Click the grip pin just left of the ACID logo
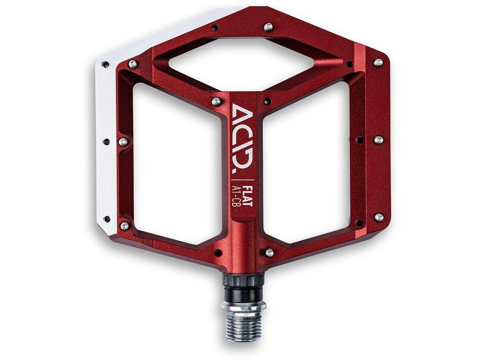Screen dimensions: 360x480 coord(216,102)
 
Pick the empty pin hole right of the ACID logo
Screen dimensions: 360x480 coord(266,101)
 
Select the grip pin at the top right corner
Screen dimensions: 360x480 coord(378,62)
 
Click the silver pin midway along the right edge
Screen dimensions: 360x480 coord(379,140)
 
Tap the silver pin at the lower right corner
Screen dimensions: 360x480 coord(379,217)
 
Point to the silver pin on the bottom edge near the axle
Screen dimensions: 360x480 coord(269,253)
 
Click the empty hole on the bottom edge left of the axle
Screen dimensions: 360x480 coord(217,253)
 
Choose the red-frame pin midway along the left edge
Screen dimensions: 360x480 coord(123,142)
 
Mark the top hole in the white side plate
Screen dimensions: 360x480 coord(106,64)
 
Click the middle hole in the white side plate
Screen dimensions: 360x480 coord(106,142)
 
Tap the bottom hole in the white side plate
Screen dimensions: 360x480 coord(106,219)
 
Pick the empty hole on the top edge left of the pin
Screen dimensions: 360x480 coord(215,27)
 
